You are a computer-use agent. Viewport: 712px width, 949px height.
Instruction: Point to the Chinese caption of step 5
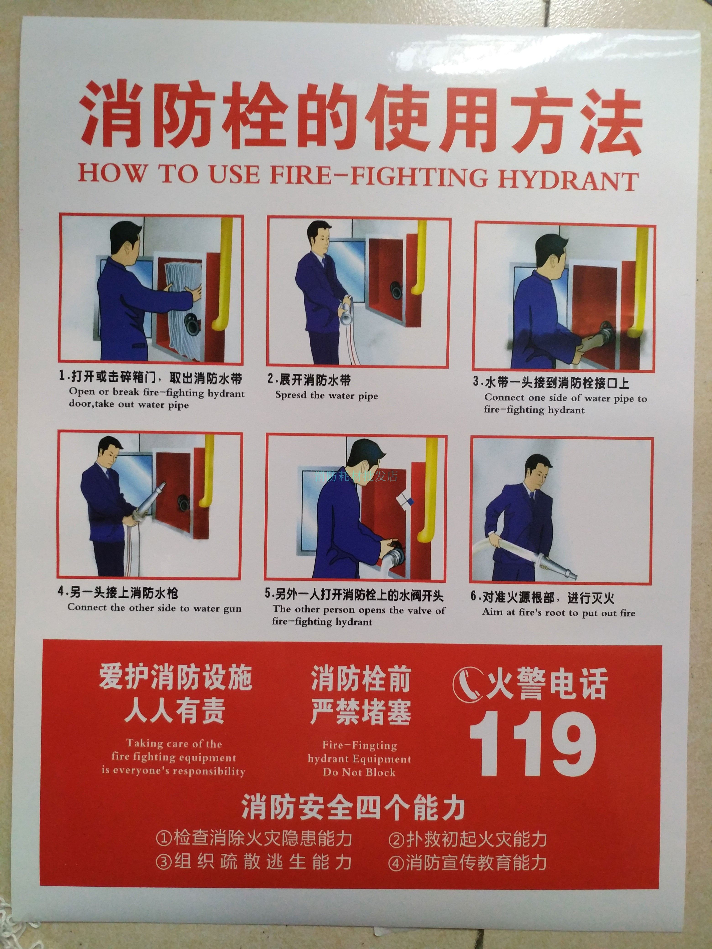(354, 595)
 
